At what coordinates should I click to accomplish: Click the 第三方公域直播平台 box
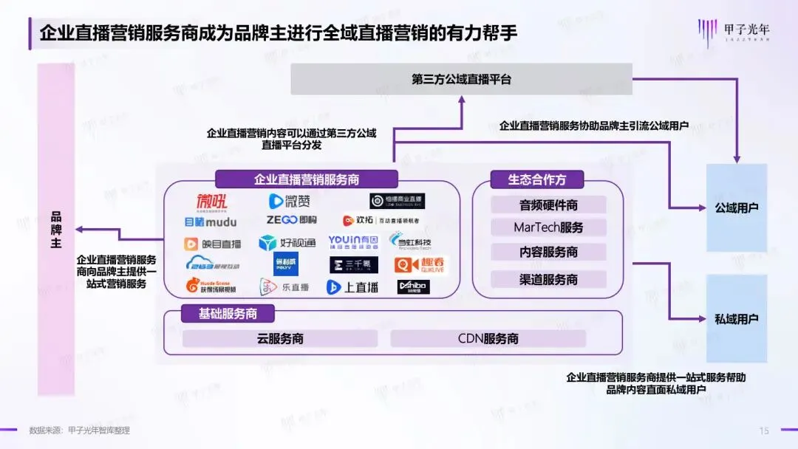click(461, 79)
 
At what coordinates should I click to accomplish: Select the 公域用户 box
click(737, 208)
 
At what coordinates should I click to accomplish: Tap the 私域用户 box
click(737, 319)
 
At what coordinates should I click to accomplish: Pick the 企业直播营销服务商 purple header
click(307, 179)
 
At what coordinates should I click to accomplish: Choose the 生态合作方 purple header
click(536, 179)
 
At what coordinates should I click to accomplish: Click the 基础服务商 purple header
click(228, 314)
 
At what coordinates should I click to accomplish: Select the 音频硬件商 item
click(548, 205)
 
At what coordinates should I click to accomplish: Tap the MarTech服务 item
click(548, 227)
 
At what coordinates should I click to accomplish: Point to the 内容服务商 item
click(548, 252)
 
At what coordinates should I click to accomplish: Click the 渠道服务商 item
click(548, 279)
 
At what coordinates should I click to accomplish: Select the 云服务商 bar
click(279, 339)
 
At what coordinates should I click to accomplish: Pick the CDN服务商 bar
click(488, 339)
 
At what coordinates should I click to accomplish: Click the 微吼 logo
click(211, 201)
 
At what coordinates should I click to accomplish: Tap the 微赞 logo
click(290, 201)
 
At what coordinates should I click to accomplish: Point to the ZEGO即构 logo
click(291, 220)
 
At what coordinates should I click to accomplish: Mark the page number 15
click(764, 431)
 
